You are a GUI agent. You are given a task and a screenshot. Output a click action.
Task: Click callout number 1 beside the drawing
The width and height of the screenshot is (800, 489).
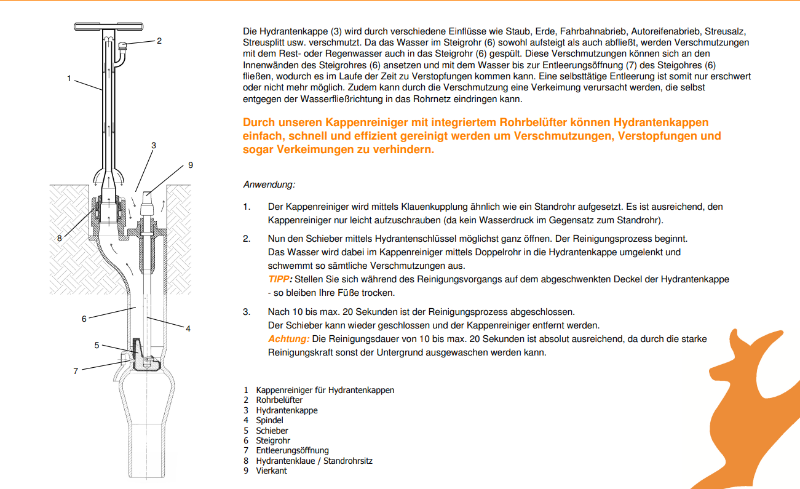point(69,78)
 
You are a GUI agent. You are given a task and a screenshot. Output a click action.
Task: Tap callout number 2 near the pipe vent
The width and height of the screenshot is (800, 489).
point(159,41)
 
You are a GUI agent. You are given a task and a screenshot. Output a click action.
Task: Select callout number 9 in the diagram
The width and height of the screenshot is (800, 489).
point(191,165)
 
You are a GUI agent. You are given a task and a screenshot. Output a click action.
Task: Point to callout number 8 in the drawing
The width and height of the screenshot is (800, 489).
point(60,238)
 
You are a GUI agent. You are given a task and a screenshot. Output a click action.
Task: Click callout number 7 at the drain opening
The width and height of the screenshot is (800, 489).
point(76,371)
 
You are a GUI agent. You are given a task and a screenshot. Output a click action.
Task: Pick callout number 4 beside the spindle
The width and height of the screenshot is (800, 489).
point(188,328)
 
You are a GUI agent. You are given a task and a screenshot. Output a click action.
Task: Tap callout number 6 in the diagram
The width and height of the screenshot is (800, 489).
point(84,319)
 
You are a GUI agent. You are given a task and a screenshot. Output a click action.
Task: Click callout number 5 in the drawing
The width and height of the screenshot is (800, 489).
point(97,345)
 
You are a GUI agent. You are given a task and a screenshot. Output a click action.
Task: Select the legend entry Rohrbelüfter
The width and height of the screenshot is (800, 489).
point(279,400)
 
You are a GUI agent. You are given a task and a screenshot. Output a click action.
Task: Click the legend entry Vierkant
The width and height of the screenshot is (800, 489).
point(271,471)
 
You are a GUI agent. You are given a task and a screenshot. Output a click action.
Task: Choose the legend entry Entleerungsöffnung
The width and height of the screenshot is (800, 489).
point(292,450)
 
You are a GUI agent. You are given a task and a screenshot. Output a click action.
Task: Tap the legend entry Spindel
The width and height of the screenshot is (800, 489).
point(269,420)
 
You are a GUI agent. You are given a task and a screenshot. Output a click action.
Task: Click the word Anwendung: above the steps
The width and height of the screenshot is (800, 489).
point(269,185)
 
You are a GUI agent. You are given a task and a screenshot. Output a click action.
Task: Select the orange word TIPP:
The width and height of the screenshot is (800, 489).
point(280,279)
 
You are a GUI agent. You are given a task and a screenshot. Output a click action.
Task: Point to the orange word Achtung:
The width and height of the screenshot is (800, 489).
point(288,339)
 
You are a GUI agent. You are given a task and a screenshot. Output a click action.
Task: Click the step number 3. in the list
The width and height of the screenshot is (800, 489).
point(246,312)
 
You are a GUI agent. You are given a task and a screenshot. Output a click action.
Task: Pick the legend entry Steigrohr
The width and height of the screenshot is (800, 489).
point(273,440)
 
